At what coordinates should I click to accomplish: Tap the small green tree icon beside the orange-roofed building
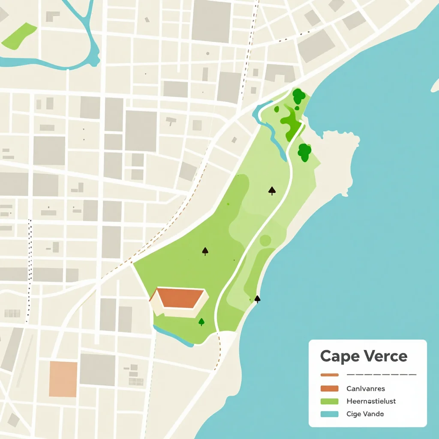click(x=201, y=322)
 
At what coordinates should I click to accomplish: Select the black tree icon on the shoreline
click(x=257, y=299)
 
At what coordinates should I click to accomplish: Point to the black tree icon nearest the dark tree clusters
click(x=272, y=190)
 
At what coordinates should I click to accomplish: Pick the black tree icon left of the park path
click(x=205, y=251)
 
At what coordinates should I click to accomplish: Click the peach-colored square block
click(x=63, y=379)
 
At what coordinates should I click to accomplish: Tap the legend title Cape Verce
click(x=364, y=356)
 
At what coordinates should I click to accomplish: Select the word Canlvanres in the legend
click(x=365, y=389)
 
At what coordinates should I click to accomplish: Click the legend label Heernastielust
click(x=371, y=402)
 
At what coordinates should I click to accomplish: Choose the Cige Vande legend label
click(x=365, y=414)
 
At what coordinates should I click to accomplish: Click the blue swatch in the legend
click(x=329, y=414)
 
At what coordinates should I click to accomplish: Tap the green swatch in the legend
click(x=329, y=402)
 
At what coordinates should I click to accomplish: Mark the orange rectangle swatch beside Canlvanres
click(x=329, y=389)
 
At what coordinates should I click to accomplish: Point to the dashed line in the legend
click(x=381, y=375)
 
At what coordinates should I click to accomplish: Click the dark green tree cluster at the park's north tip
click(x=298, y=96)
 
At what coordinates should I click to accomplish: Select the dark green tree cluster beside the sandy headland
click(x=304, y=152)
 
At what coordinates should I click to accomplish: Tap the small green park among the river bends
click(x=19, y=36)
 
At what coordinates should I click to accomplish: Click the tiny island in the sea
click(x=435, y=85)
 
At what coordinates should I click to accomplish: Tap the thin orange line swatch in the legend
click(x=329, y=375)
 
